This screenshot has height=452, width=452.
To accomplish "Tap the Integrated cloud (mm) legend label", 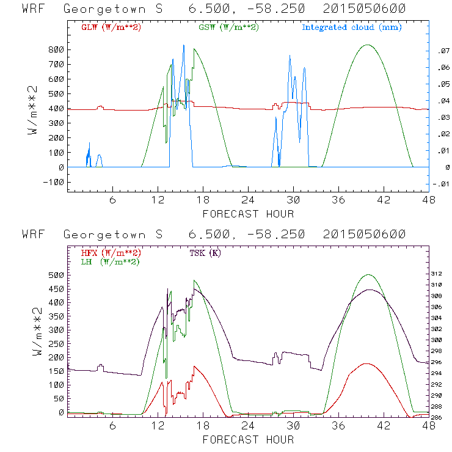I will [x=352, y=27].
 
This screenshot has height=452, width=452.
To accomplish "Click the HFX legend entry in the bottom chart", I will [x=111, y=252].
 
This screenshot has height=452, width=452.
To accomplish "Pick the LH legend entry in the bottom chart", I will [x=111, y=261].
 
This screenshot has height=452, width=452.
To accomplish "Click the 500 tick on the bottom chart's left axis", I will [x=57, y=275].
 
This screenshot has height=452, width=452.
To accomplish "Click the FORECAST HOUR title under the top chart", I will [x=247, y=214].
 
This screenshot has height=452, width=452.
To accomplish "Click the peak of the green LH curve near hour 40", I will [x=368, y=275].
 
